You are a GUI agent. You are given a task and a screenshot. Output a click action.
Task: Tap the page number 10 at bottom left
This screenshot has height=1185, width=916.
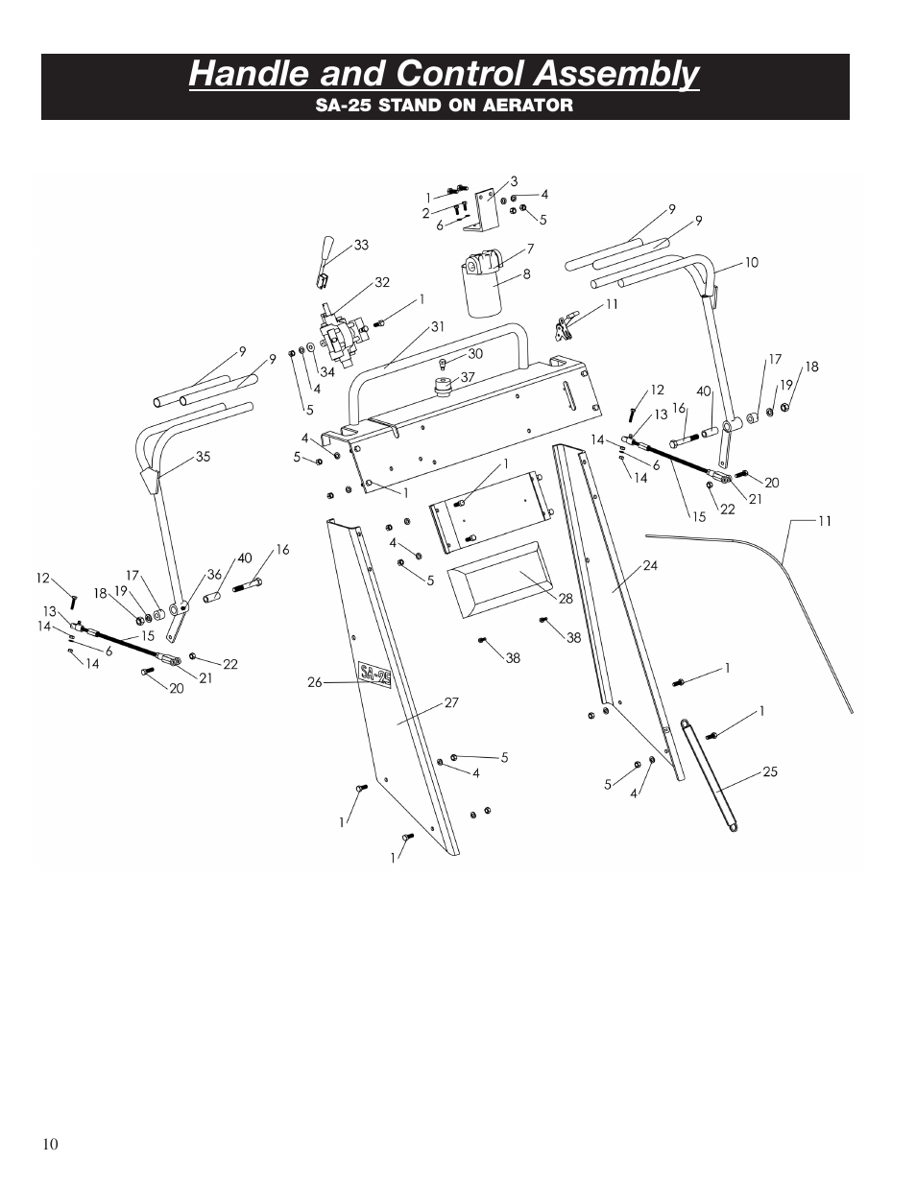(x=50, y=1143)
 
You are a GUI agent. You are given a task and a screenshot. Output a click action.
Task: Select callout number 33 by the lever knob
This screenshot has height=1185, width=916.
(x=361, y=246)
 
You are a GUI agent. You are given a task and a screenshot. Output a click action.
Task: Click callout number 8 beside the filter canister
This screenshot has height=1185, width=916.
(x=526, y=274)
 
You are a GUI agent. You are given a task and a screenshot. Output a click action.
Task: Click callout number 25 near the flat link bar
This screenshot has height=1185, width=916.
(x=769, y=771)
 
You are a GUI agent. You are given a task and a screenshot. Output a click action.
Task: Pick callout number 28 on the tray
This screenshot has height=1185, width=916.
(x=566, y=599)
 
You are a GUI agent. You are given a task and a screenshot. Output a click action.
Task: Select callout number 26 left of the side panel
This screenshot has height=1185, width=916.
(x=314, y=683)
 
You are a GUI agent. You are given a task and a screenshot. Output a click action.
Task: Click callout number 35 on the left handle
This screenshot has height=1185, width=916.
(x=203, y=458)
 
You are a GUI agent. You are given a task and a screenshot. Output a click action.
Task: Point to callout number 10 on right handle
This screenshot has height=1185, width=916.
(x=752, y=262)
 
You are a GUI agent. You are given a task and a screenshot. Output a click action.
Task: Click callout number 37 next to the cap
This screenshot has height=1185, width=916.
(x=468, y=377)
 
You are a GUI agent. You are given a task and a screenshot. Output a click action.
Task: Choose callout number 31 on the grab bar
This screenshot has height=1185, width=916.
(x=438, y=326)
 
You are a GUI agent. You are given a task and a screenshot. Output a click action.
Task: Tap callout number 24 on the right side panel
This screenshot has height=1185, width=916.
(x=650, y=565)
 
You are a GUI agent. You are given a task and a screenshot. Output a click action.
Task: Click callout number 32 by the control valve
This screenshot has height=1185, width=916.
(x=382, y=282)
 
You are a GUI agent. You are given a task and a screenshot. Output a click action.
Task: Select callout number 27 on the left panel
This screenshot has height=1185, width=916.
(x=451, y=702)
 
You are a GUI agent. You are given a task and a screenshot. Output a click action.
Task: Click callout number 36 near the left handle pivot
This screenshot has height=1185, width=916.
(x=215, y=575)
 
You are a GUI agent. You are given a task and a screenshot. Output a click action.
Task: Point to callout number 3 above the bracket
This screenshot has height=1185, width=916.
(x=514, y=180)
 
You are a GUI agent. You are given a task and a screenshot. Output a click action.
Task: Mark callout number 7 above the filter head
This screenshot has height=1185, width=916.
(x=529, y=249)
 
